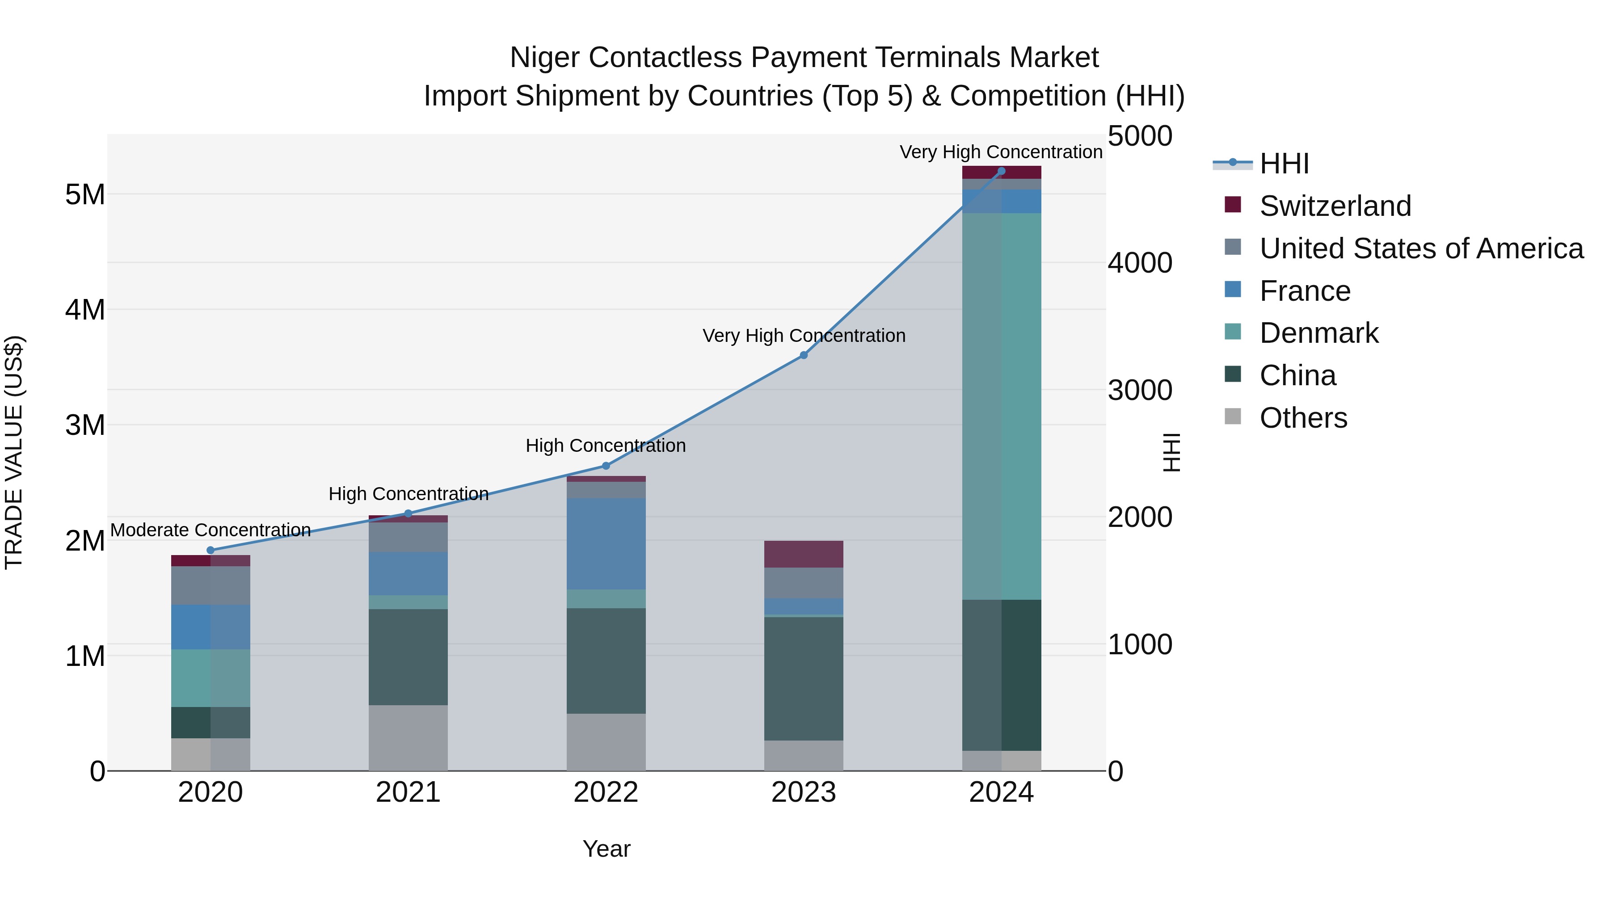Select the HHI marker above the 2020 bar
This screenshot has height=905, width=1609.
pyautogui.click(x=211, y=550)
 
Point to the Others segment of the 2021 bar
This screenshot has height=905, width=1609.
pyautogui.click(x=408, y=737)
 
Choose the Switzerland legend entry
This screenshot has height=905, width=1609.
pyautogui.click(x=1334, y=206)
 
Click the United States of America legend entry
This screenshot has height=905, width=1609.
pyautogui.click(x=1421, y=248)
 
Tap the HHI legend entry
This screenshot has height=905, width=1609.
pyautogui.click(x=1284, y=164)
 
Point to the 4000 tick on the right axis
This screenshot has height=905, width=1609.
pyautogui.click(x=1140, y=263)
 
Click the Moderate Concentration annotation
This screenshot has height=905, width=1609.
pyautogui.click(x=211, y=530)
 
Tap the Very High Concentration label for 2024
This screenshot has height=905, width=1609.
pyautogui.click(x=1001, y=152)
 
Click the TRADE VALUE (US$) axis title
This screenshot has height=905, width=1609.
pyautogui.click(x=14, y=452)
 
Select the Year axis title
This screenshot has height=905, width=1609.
pyautogui.click(x=606, y=849)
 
